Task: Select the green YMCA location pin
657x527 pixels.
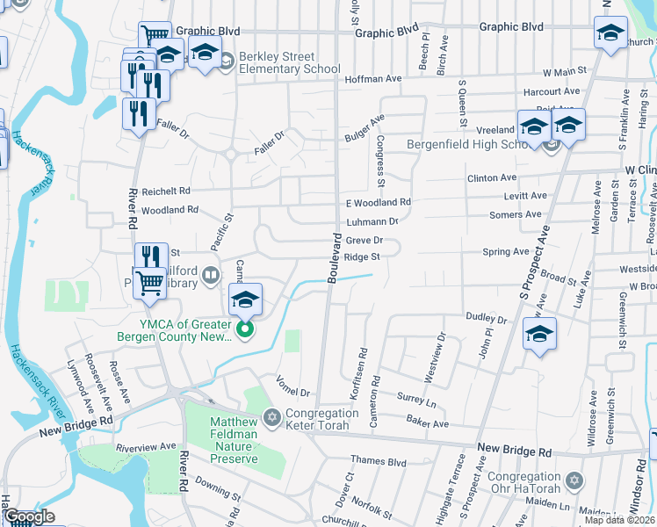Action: coord(246,330)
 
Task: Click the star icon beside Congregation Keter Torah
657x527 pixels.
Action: coord(272,415)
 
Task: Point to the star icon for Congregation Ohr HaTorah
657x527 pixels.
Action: coord(575,481)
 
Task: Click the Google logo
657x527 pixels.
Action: coord(29,516)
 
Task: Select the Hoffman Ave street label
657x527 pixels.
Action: coord(375,78)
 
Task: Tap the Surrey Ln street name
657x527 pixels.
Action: coord(416,398)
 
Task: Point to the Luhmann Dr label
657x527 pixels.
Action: coord(372,221)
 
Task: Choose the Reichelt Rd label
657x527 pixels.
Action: coord(166,191)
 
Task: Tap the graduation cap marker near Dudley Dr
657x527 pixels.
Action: coord(539,334)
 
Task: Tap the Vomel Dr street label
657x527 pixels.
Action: coord(293,386)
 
